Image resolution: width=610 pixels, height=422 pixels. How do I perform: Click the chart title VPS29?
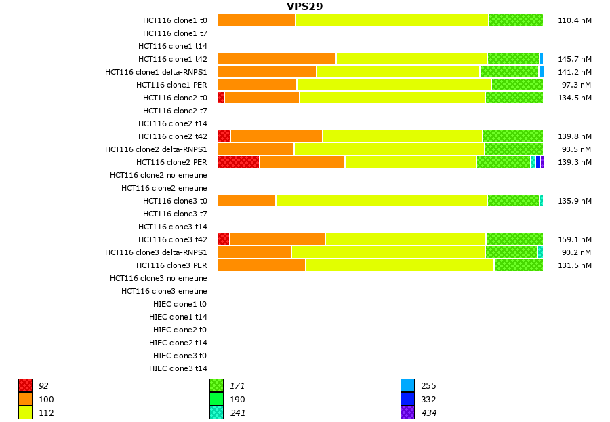click(304, 7)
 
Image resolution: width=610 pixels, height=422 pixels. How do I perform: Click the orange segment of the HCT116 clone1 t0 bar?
click(256, 20)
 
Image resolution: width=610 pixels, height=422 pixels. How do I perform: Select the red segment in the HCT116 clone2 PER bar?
click(238, 162)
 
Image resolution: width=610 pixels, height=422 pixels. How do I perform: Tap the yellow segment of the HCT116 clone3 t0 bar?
click(381, 201)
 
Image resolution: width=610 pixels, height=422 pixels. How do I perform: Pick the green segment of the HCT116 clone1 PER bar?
click(517, 85)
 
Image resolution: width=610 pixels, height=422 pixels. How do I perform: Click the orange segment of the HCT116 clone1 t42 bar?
click(277, 59)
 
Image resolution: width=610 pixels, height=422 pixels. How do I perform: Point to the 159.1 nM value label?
click(574, 239)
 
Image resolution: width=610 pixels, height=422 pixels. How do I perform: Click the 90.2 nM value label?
click(574, 252)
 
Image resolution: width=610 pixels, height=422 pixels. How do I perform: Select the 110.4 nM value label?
click(574, 20)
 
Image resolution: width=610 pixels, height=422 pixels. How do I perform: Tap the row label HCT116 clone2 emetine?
click(164, 188)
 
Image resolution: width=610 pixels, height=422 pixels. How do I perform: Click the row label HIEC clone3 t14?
click(178, 368)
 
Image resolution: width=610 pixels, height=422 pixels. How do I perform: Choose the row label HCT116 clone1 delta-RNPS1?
click(156, 72)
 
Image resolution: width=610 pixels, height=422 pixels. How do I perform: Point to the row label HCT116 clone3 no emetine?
click(159, 278)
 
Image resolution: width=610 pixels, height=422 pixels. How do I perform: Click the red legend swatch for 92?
click(26, 386)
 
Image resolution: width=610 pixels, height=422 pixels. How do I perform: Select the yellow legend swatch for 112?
click(26, 413)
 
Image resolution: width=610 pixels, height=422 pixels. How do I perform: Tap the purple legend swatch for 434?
click(407, 413)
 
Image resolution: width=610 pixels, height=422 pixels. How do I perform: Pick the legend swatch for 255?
click(407, 386)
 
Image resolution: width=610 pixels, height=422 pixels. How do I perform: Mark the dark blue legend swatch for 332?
click(407, 400)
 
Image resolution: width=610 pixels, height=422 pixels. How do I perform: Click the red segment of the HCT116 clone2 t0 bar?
click(220, 98)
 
